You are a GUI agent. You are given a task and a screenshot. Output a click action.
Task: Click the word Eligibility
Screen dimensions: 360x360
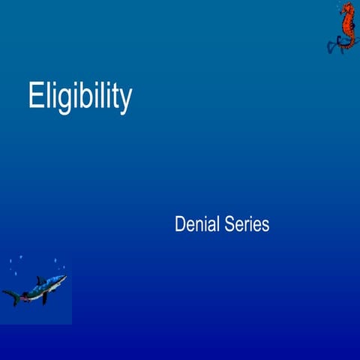click(79, 97)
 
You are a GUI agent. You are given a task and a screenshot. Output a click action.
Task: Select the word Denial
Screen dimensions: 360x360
click(196, 223)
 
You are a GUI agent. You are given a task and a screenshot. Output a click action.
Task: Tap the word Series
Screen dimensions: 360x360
click(246, 223)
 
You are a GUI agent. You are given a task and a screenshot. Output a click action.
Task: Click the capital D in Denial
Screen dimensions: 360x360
click(180, 223)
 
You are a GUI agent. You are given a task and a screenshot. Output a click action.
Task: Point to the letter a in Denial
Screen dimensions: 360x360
click(211, 224)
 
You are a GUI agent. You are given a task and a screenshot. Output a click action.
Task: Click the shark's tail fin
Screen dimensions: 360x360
click(11, 295)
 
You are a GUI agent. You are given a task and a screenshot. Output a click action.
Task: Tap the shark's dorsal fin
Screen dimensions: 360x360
click(40, 280)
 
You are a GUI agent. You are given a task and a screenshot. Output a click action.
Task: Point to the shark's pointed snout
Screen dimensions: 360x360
click(65, 277)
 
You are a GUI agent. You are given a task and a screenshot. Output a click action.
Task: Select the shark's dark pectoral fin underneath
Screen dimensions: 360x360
click(45, 298)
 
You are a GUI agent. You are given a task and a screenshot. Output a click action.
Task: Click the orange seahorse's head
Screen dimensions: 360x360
click(346, 10)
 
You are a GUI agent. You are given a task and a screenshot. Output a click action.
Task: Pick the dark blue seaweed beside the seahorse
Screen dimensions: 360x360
click(332, 45)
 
